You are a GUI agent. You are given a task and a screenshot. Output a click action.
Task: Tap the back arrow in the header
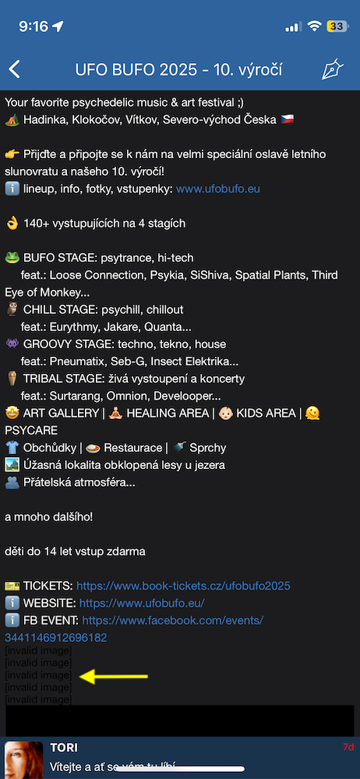(15, 69)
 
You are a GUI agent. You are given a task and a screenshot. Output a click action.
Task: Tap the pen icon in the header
(332, 69)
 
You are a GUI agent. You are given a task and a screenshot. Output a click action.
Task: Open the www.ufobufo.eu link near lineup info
(218, 189)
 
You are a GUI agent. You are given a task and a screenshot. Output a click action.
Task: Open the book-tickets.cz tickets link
(183, 586)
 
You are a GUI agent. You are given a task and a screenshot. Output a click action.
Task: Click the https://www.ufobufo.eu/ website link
(143, 603)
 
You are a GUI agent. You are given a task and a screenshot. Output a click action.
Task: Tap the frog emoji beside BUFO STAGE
(12, 258)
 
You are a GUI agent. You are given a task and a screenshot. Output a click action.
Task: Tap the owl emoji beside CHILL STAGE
(12, 310)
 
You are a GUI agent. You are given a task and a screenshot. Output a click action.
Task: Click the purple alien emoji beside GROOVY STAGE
(12, 344)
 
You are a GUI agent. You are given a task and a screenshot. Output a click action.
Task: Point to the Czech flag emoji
(288, 120)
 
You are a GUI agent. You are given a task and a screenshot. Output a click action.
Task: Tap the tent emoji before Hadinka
(12, 120)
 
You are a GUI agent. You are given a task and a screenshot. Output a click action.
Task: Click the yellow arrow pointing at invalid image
(115, 675)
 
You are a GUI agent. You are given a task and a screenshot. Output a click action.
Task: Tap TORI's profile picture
(24, 760)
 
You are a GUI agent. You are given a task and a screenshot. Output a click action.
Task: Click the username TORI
(64, 748)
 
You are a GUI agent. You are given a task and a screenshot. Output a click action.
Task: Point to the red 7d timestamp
(348, 747)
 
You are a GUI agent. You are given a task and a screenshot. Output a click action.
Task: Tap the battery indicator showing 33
(337, 26)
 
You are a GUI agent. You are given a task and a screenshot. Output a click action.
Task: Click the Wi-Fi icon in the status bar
(314, 26)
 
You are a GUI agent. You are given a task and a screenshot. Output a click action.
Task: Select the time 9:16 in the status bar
(34, 26)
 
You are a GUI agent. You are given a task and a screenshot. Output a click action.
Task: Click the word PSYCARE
(31, 430)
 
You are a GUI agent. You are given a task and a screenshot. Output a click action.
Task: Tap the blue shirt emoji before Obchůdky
(12, 448)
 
